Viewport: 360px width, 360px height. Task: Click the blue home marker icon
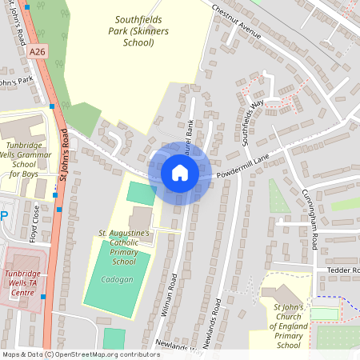coord(180,173)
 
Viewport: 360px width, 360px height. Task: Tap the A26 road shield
coord(36,52)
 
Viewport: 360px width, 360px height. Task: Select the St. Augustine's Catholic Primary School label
coord(124,246)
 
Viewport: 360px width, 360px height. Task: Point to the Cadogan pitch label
coord(118,280)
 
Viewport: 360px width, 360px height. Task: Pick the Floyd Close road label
coord(35,222)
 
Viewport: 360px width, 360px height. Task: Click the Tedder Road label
coord(344,270)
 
